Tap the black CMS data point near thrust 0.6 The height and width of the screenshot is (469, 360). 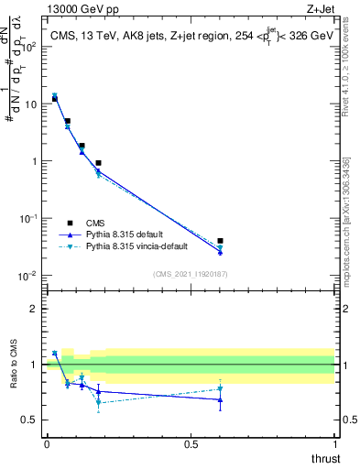tap(220, 241)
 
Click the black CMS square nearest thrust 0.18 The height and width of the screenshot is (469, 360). tap(98, 163)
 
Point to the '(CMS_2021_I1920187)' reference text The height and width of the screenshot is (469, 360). tap(191, 273)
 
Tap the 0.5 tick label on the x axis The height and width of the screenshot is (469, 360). tap(191, 445)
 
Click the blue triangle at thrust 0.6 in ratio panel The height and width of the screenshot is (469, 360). tap(220, 399)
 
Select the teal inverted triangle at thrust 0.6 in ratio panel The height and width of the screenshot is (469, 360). tap(220, 388)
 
